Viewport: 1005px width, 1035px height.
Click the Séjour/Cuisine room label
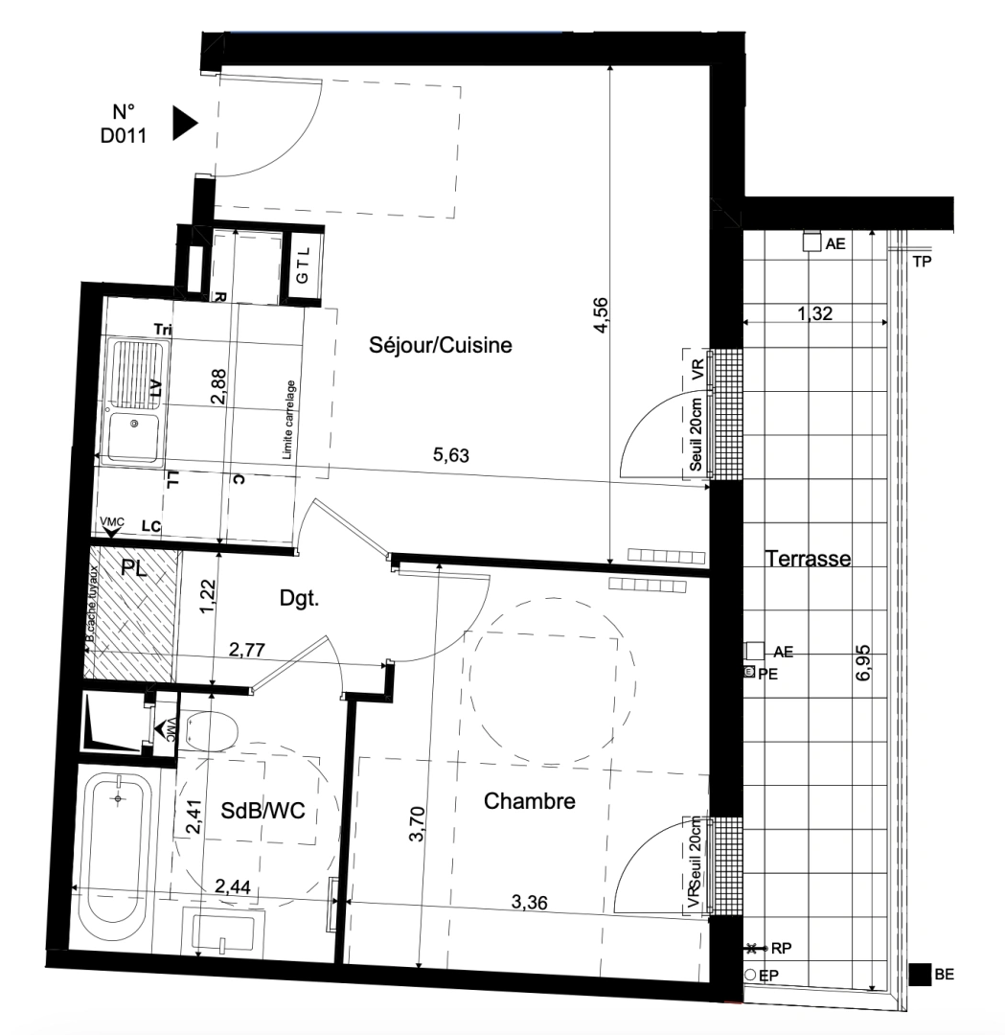click(x=441, y=346)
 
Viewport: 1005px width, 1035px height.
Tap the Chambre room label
click(x=530, y=801)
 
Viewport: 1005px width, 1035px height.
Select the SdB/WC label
click(x=262, y=811)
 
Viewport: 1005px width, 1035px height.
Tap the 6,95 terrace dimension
click(x=865, y=661)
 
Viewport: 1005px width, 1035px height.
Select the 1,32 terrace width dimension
click(x=813, y=311)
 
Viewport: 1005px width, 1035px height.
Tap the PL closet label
click(x=134, y=568)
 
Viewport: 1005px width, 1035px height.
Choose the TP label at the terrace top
click(x=923, y=261)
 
